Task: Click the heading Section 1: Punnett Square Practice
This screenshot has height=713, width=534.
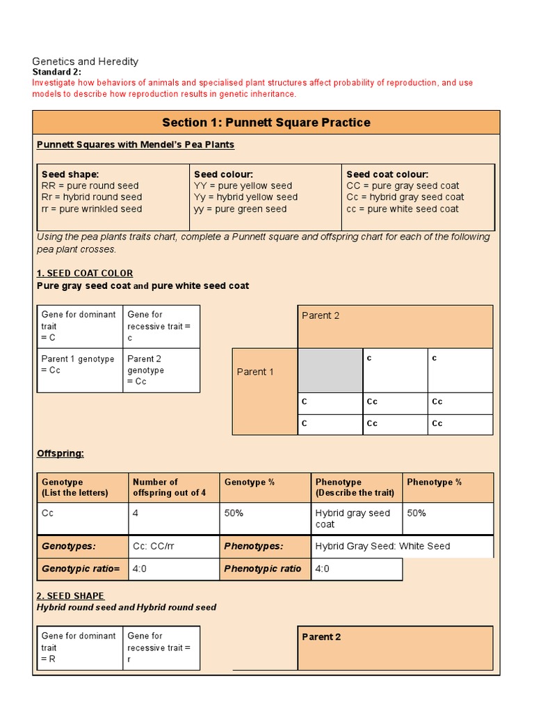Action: coord(266,123)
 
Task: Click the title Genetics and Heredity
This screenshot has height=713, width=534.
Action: coord(86,61)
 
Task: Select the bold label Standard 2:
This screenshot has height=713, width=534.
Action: coord(57,72)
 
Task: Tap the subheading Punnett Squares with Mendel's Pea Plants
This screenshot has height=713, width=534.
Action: coord(135,145)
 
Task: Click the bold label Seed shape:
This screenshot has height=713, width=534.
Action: coord(70,175)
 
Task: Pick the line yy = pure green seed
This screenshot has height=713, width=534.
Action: coord(240,209)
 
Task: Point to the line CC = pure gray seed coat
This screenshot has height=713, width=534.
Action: coord(403,186)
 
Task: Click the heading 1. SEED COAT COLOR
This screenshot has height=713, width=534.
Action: coord(84,273)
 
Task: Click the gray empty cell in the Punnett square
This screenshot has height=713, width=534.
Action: coord(330,370)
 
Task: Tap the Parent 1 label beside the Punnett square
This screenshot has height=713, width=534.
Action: coord(255,372)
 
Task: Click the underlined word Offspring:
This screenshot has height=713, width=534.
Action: coord(60,453)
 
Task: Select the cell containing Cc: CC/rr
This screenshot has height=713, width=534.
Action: coord(172,547)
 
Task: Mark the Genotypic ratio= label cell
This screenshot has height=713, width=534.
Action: coord(81,569)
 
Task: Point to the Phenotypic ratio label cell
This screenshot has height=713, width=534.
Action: coord(264,569)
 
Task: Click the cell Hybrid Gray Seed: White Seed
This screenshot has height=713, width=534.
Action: coord(382,547)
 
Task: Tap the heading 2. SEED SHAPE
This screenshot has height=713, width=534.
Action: coord(70,595)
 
